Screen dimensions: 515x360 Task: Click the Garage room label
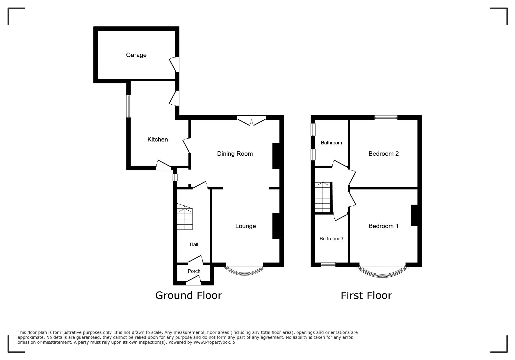pos(136,55)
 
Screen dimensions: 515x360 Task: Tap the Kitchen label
pos(158,139)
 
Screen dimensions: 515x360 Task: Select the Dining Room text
pos(235,154)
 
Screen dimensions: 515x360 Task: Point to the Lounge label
pos(245,226)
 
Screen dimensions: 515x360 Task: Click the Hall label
pos(194,244)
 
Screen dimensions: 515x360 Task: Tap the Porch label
pos(194,271)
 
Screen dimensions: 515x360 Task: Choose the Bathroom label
pos(331,143)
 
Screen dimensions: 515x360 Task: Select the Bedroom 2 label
pos(384,154)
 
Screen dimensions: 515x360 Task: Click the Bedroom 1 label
pos(383,226)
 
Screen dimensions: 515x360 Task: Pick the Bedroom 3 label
pos(331,239)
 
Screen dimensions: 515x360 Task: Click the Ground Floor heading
pos(188,295)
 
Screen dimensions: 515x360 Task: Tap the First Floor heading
pos(366,295)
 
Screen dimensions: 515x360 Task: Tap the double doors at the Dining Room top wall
pos(252,121)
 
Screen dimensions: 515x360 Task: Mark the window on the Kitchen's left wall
pos(129,106)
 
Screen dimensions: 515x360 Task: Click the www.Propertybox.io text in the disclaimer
pos(214,342)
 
